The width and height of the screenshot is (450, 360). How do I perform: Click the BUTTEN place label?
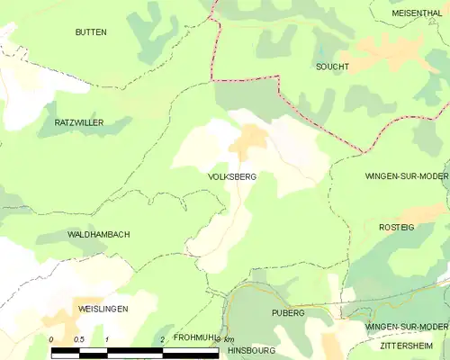pos(92,31)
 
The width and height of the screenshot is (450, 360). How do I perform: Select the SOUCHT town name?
pos(332,67)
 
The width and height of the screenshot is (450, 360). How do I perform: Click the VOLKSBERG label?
pos(232,177)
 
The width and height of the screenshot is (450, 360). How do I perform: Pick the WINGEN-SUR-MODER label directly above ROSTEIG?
pos(407,177)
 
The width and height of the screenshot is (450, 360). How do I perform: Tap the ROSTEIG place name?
pos(396,228)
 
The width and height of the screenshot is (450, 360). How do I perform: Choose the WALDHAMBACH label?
pos(99,234)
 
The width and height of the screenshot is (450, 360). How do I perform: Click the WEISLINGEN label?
pos(103,309)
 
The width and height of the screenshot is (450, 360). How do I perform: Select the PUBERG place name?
pos(289,312)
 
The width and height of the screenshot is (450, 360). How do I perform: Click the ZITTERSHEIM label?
pos(409,345)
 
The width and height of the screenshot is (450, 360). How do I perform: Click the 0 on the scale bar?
pos(51,339)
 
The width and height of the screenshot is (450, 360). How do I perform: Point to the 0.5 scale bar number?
pos(79,339)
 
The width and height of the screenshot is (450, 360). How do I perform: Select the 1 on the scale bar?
pos(107,339)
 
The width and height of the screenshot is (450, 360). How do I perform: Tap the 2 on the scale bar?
pos(162,339)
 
